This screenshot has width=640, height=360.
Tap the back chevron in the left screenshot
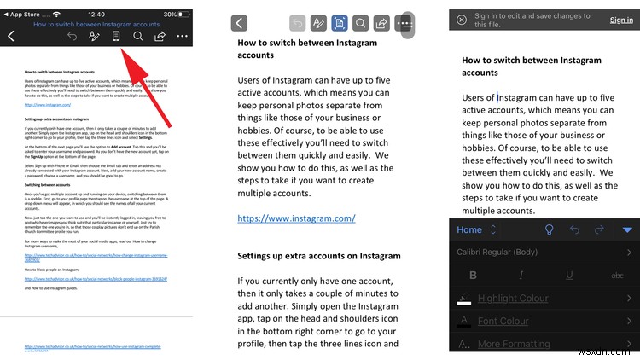click(10, 36)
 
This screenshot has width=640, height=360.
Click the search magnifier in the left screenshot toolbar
click(137, 36)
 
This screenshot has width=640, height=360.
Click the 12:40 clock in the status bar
click(96, 15)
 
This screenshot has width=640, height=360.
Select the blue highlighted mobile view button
click(339, 24)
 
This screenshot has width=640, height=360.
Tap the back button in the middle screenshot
click(240, 24)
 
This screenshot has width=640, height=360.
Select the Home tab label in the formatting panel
click(469, 229)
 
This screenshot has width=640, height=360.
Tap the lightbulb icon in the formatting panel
click(550, 229)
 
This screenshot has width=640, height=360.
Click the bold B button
click(472, 275)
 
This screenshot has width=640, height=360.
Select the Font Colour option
click(503, 322)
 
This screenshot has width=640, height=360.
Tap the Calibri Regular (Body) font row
click(508, 252)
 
